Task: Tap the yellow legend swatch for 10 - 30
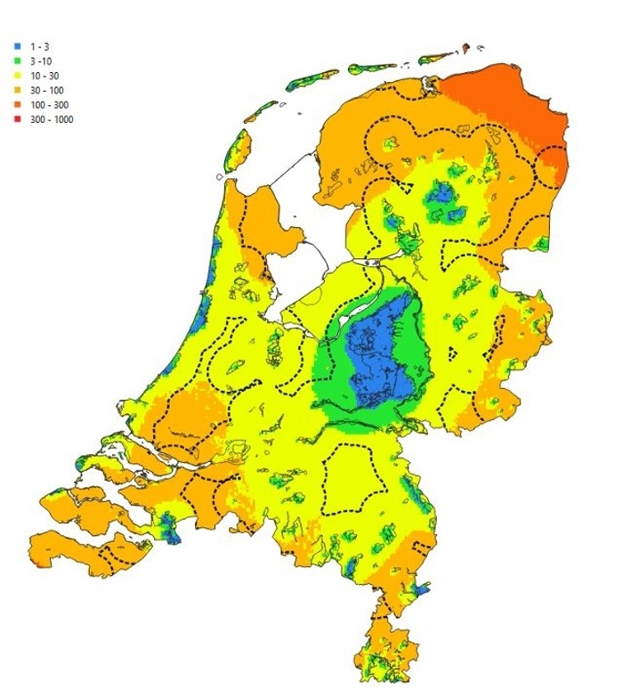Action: pos(18,75)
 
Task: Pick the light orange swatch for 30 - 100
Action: pos(18,90)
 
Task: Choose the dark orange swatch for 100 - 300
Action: pos(18,105)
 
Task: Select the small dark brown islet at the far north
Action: pos(465,44)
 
